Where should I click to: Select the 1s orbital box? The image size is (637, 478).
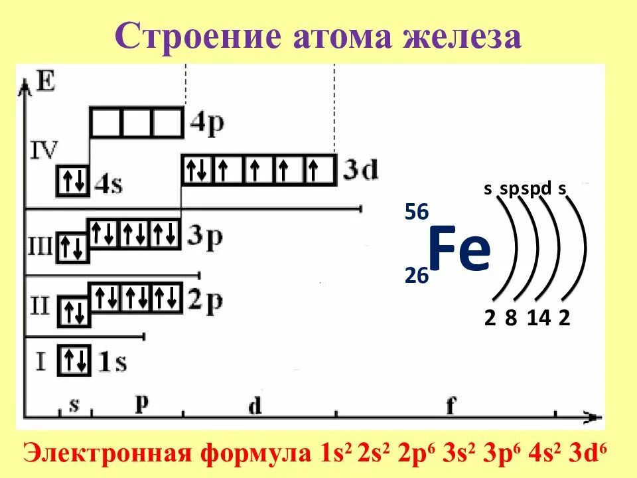click(73, 361)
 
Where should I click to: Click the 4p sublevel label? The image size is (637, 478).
click(206, 123)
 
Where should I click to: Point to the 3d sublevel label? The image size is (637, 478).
click(360, 171)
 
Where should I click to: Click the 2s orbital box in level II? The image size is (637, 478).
click(73, 312)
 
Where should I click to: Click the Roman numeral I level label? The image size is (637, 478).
click(41, 362)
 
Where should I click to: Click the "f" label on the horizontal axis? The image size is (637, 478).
click(451, 406)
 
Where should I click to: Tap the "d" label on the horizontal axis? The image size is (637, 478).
click(254, 406)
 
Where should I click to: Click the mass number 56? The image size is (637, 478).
click(417, 212)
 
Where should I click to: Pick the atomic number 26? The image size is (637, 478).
click(417, 276)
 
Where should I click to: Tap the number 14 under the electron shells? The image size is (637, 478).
click(539, 319)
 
